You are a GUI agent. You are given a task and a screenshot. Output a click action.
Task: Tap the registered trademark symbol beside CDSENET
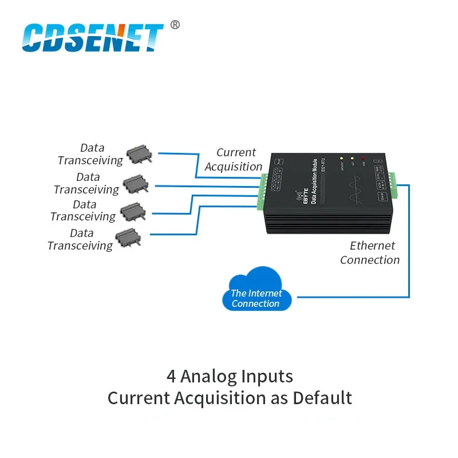pyautogui.click(x=175, y=25)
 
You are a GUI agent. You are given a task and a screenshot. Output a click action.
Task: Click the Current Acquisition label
pyautogui.click(x=234, y=160)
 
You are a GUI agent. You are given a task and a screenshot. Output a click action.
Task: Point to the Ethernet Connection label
pyautogui.click(x=370, y=252)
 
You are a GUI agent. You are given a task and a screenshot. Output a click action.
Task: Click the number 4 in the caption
pyautogui.click(x=171, y=376)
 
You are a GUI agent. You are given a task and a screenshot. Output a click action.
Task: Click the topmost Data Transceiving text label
pyautogui.click(x=90, y=155)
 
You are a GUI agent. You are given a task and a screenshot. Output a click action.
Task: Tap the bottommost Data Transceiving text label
pyautogui.click(x=81, y=239)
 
